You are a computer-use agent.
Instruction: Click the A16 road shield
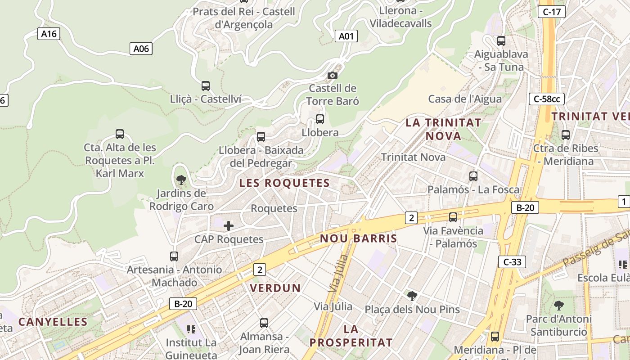coord(49,33)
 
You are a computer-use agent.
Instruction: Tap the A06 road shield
coord(141,49)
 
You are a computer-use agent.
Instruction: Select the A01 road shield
coord(346,36)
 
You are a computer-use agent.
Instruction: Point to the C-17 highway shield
coord(551,12)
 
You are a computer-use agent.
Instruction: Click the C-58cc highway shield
coord(547,99)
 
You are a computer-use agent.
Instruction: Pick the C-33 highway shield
coord(512,261)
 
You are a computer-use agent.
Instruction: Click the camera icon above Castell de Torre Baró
coord(333,75)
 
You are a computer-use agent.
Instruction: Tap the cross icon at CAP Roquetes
coord(229,226)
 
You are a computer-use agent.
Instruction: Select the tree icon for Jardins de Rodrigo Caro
coord(181,180)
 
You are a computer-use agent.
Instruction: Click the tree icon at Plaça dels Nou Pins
coord(412,296)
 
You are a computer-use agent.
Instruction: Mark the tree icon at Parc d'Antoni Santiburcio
coord(559,306)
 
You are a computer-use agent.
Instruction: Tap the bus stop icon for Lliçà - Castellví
coord(206,85)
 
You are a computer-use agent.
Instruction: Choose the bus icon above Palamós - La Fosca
coord(473,176)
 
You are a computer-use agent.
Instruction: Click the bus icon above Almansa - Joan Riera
coord(264,323)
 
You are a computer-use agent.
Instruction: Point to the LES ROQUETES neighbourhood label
coord(284,183)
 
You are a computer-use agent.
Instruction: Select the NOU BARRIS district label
coord(359,238)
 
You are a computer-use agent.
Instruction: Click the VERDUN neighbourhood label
coord(275,288)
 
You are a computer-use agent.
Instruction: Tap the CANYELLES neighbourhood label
coord(53,322)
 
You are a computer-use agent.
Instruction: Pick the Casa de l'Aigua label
coord(465,99)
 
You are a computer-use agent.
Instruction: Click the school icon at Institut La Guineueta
coord(191,329)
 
